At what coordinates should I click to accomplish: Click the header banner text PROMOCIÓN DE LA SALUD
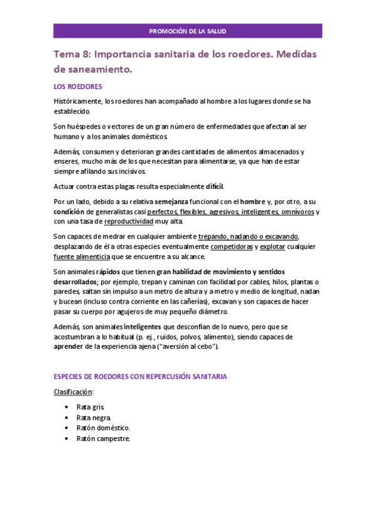pyautogui.click(x=188, y=31)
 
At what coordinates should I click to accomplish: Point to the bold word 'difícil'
pyautogui.click(x=214, y=186)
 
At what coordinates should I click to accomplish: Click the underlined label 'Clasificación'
pyautogui.click(x=73, y=391)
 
